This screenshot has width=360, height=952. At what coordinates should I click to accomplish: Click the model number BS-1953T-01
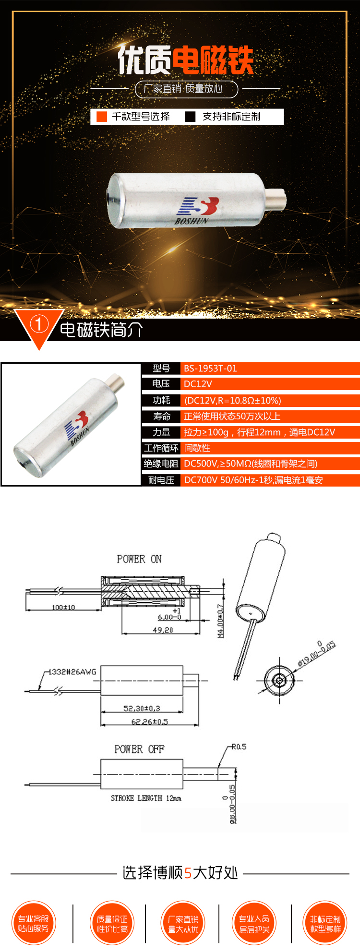coord(210,369)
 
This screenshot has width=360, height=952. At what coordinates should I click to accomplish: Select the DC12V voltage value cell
coord(198,384)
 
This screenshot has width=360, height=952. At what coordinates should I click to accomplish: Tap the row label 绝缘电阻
coord(161,464)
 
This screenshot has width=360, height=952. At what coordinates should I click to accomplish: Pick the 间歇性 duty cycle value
coord(197,448)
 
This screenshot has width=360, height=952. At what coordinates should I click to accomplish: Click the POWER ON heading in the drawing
coord(139,559)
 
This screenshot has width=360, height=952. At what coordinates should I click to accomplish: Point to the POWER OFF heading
coord(139,749)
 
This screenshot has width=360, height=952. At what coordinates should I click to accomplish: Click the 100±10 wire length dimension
coord(63,607)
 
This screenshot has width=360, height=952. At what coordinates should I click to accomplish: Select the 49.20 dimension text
coord(163,630)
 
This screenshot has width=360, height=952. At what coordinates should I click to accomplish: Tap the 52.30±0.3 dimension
coord(142,708)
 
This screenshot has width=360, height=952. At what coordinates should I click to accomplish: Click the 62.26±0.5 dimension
coord(149,722)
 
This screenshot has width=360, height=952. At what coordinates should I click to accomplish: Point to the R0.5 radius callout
coord(239,747)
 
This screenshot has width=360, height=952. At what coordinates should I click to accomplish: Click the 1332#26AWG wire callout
coord(72,672)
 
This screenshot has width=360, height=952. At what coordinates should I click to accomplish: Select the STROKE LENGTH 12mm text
coord(146,798)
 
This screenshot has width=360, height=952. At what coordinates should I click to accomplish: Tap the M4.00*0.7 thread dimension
coord(221,621)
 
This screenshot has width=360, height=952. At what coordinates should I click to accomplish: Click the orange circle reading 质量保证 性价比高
coord(112,924)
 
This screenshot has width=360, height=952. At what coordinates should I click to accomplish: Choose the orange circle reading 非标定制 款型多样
coord(325,924)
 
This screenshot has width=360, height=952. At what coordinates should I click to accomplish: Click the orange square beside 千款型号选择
coord(102,117)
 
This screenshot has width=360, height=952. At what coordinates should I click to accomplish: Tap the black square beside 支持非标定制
coord(191,117)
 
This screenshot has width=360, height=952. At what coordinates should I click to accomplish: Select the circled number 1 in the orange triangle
coord(39,324)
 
